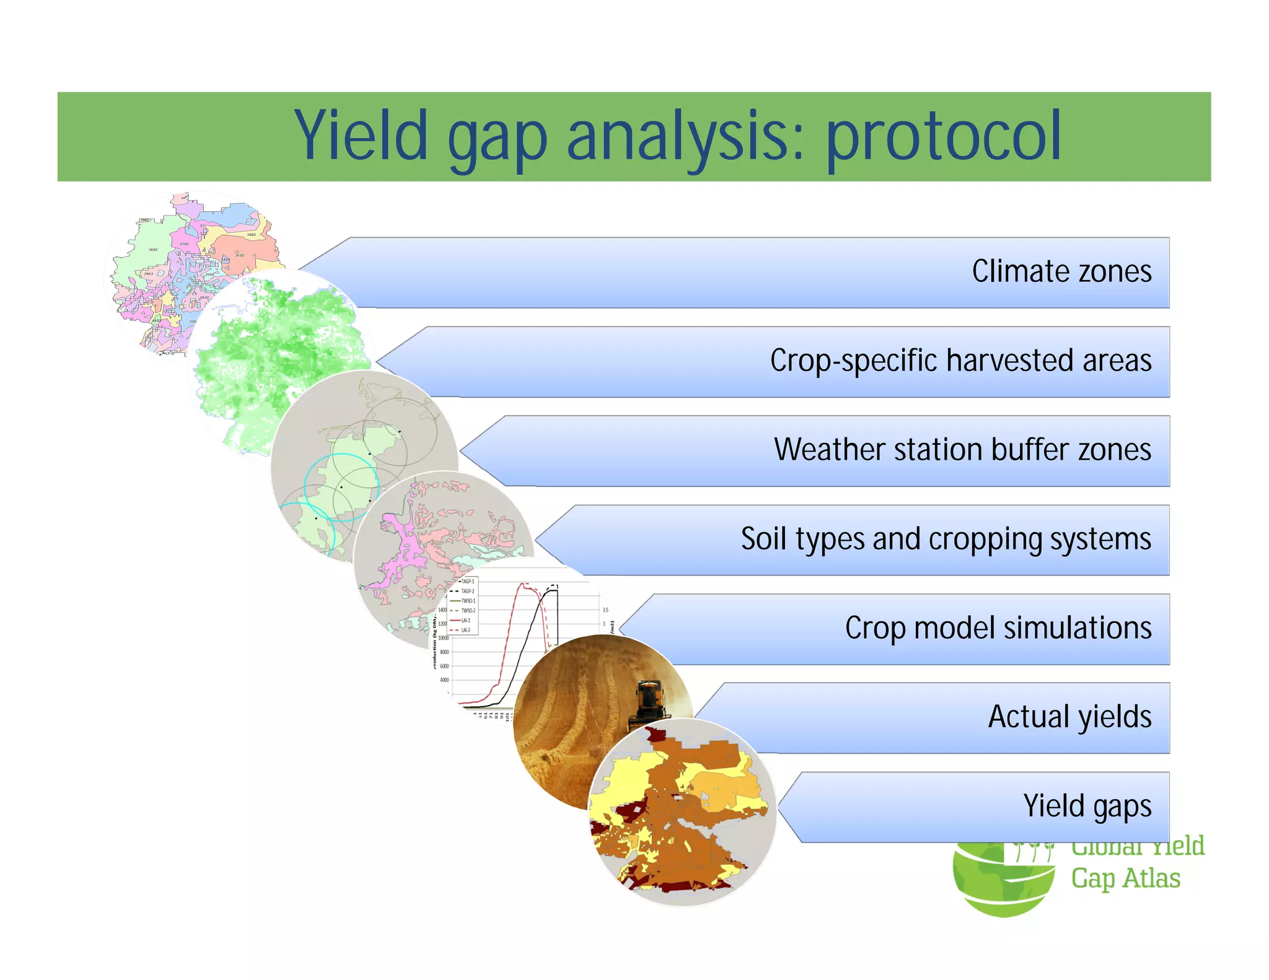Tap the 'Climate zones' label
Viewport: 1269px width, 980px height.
1061,272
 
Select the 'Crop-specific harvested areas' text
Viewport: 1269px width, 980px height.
960,361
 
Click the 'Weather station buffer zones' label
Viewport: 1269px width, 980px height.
962,450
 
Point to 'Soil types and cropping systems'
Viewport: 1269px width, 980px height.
946,539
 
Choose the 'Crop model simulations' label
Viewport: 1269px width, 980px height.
998,628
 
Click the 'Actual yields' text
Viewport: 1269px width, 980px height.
1069,717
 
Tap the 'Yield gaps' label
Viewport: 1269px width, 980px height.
1087,807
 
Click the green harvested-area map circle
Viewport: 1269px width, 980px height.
266,353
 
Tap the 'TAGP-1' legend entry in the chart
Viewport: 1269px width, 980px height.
468,582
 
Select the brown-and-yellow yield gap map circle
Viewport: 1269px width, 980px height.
682,818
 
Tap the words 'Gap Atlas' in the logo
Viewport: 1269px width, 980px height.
1125,878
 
